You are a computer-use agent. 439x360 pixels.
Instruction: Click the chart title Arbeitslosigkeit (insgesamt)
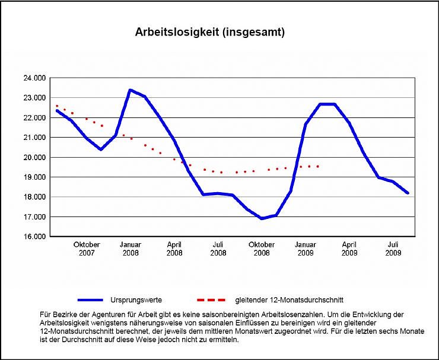point(210,33)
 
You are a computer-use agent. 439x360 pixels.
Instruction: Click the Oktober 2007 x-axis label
point(87,249)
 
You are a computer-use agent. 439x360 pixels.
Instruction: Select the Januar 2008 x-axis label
point(131,249)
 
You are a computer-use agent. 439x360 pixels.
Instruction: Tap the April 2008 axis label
point(174,249)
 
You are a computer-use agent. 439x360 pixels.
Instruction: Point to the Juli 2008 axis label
point(218,249)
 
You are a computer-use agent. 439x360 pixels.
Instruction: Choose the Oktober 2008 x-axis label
point(262,249)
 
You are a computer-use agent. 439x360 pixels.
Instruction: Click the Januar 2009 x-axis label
point(306,249)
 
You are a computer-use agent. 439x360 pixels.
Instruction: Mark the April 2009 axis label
point(349,249)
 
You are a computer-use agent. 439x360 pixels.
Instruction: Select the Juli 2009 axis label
point(393,249)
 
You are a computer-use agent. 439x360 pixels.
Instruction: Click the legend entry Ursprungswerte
point(136,300)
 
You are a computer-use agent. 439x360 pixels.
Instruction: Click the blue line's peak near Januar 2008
point(131,90)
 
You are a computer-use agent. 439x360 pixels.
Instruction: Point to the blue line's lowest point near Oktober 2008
point(262,218)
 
